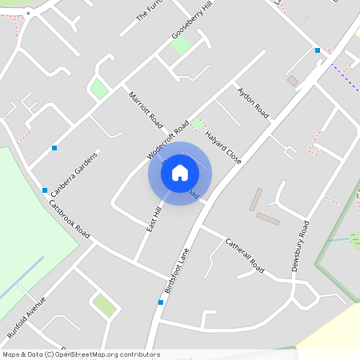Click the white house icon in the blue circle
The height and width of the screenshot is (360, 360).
pos(180,172)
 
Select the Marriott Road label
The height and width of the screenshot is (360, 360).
pos(146,110)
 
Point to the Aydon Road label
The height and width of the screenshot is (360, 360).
pos(253,105)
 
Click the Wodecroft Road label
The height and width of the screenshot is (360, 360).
pos(168,139)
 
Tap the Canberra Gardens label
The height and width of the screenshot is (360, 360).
pos(74,174)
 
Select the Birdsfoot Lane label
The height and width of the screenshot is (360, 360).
pos(181,264)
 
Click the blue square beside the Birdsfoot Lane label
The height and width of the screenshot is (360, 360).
pos(161,302)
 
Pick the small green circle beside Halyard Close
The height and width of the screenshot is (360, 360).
pos(197,124)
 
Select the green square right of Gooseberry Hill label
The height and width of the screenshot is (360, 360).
pos(181,45)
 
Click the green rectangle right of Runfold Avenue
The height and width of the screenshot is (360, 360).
pos(104,304)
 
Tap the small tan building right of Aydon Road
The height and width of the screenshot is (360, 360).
pos(293,81)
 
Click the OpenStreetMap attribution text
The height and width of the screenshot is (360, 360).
pos(81,354)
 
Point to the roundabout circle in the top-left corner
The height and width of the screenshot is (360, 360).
pos(30,13)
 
